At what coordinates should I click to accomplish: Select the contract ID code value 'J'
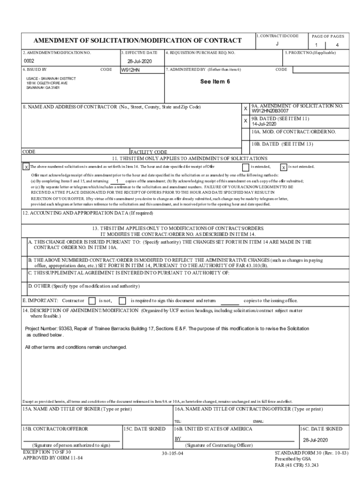277,44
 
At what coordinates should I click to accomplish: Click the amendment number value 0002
29,61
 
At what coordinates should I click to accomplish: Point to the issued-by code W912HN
130,70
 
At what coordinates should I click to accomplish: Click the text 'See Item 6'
215,81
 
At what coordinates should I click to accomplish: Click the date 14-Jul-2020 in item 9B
264,124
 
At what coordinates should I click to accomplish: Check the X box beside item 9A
245,109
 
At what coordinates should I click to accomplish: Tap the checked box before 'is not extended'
283,167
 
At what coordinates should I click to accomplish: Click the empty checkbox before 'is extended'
245,167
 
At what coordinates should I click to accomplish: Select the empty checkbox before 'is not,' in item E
92,300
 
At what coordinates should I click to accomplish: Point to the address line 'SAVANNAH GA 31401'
43,87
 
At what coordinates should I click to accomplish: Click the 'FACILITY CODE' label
148,152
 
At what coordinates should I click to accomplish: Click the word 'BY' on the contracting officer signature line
178,439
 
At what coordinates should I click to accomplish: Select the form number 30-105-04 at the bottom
173,454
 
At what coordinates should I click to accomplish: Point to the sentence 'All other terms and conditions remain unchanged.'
76,347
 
